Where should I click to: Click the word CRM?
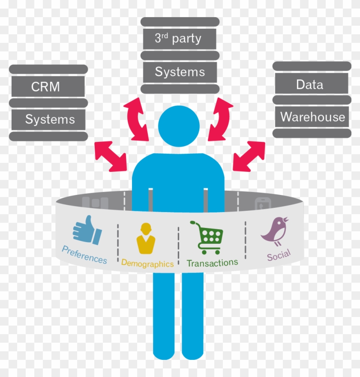tap(45, 87)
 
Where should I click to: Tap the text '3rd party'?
tap(178, 38)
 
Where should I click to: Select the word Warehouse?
tap(312, 117)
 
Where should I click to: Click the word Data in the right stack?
tap(309, 85)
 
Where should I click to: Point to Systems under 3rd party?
tap(180, 72)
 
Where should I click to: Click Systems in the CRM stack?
tap(50, 119)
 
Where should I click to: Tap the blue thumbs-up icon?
tap(87, 230)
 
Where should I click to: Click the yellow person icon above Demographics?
tap(146, 238)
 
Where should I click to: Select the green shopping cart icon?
tap(207, 237)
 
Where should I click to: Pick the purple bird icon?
tap(275, 231)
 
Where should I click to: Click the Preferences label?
tap(84, 255)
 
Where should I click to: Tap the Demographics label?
tap(147, 263)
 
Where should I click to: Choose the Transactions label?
tap(212, 263)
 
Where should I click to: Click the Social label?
tap(279, 255)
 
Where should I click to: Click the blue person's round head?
tap(179, 126)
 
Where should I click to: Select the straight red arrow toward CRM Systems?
tap(111, 156)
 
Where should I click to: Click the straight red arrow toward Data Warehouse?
tap(249, 156)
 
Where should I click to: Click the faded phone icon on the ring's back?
tap(263, 203)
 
